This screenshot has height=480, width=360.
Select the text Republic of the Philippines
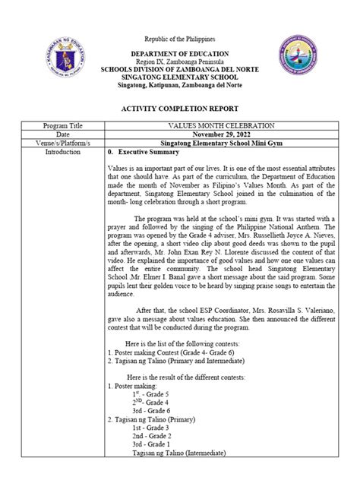[179, 38]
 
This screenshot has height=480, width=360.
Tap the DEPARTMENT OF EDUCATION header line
[179, 55]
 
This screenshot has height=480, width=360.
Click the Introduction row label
[62, 152]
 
